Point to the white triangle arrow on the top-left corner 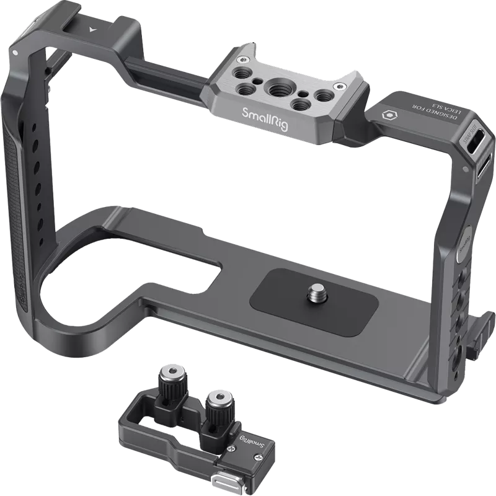coord(92,30)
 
